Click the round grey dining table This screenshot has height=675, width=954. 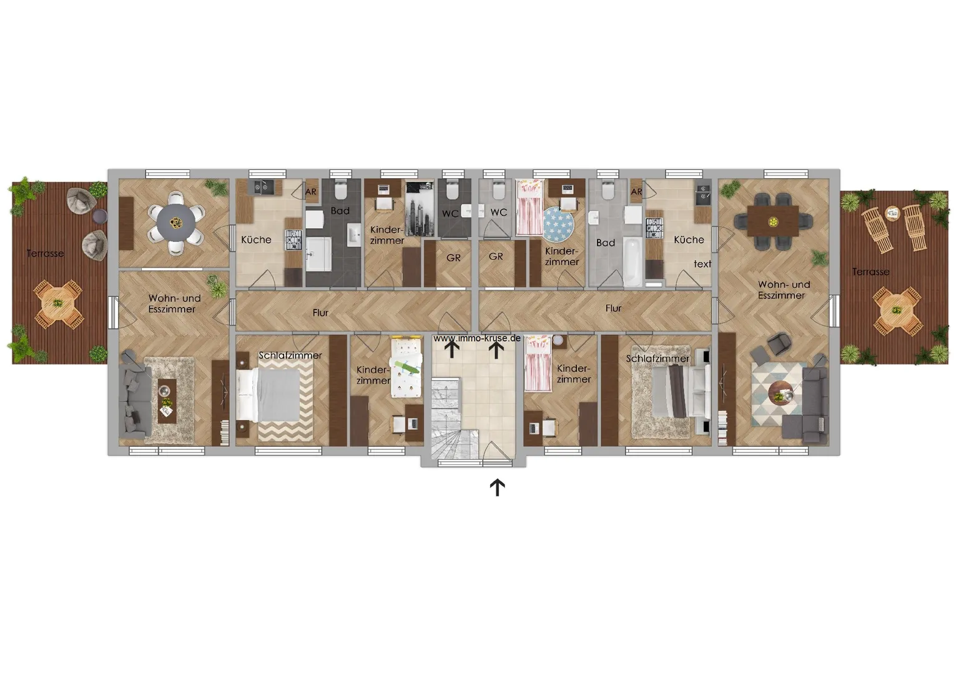coord(176,222)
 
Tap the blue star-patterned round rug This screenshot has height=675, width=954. coord(558,223)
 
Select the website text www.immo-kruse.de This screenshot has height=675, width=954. coord(477,338)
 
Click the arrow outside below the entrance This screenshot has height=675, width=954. coord(497,487)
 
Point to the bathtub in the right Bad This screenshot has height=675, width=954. coord(632,262)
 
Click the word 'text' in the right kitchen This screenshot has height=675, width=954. coord(702,264)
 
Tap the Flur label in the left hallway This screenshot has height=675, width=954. coord(320,313)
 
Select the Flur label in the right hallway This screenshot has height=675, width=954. coord(613,308)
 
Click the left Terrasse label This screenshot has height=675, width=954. coord(45,253)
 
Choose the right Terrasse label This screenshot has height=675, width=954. coord(870,272)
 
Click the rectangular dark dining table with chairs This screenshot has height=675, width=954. coord(773,221)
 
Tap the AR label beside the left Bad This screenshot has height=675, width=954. coord(311,192)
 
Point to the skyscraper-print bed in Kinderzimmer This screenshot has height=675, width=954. coord(420,209)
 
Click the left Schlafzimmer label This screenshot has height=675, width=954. coord(290,355)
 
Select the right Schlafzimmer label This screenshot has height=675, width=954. coord(657,359)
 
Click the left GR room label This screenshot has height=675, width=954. coord(453,258)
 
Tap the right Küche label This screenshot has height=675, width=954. coord(689,239)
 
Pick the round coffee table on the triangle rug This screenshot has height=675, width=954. coord(781,393)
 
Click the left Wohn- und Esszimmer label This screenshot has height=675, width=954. coord(174,304)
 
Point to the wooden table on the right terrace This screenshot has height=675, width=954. coord(897,310)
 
